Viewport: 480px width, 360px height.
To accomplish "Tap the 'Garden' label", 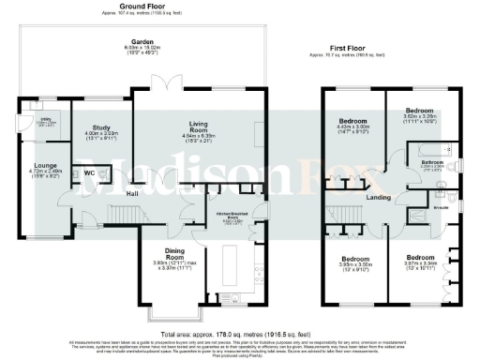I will pyautogui.click(x=142, y=42).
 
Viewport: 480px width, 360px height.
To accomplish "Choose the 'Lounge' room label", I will pyautogui.click(x=46, y=164).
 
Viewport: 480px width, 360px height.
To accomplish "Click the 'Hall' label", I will pyautogui.click(x=135, y=195).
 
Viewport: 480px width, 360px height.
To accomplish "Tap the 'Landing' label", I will pyautogui.click(x=378, y=197).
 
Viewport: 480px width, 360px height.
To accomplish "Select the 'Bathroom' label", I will pyautogui.click(x=431, y=160).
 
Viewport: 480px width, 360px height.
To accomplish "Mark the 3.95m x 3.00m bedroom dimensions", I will pyautogui.click(x=355, y=264).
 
